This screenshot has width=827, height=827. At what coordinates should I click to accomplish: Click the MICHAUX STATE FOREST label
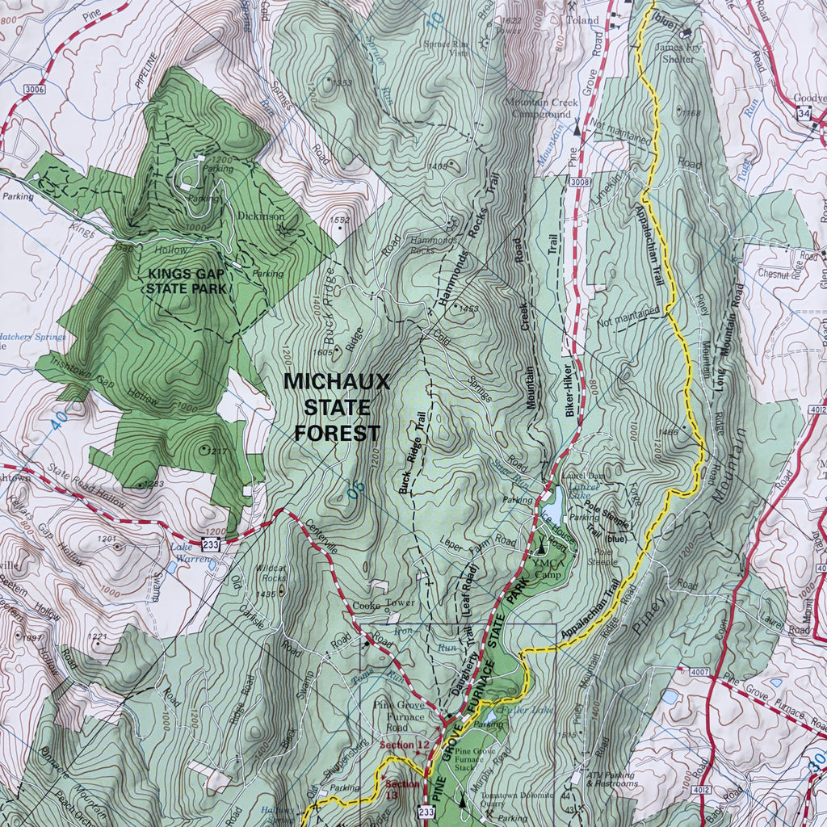click(337, 407)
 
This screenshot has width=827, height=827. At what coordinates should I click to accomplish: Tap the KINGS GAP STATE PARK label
click(185, 280)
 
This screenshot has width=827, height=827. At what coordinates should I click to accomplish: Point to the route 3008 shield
click(578, 183)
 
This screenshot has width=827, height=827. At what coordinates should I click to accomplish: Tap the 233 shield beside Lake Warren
click(211, 544)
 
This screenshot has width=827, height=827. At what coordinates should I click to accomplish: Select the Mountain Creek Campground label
click(538, 108)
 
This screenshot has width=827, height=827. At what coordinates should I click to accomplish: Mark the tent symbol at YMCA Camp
click(542, 548)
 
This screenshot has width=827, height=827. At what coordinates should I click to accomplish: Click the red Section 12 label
click(405, 744)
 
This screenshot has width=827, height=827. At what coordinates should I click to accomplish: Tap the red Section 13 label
click(402, 789)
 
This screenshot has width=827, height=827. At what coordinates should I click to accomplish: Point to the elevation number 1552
click(340, 220)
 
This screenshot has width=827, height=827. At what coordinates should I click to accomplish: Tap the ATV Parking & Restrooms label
click(612, 779)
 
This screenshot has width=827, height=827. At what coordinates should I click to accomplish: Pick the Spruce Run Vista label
click(447, 48)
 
